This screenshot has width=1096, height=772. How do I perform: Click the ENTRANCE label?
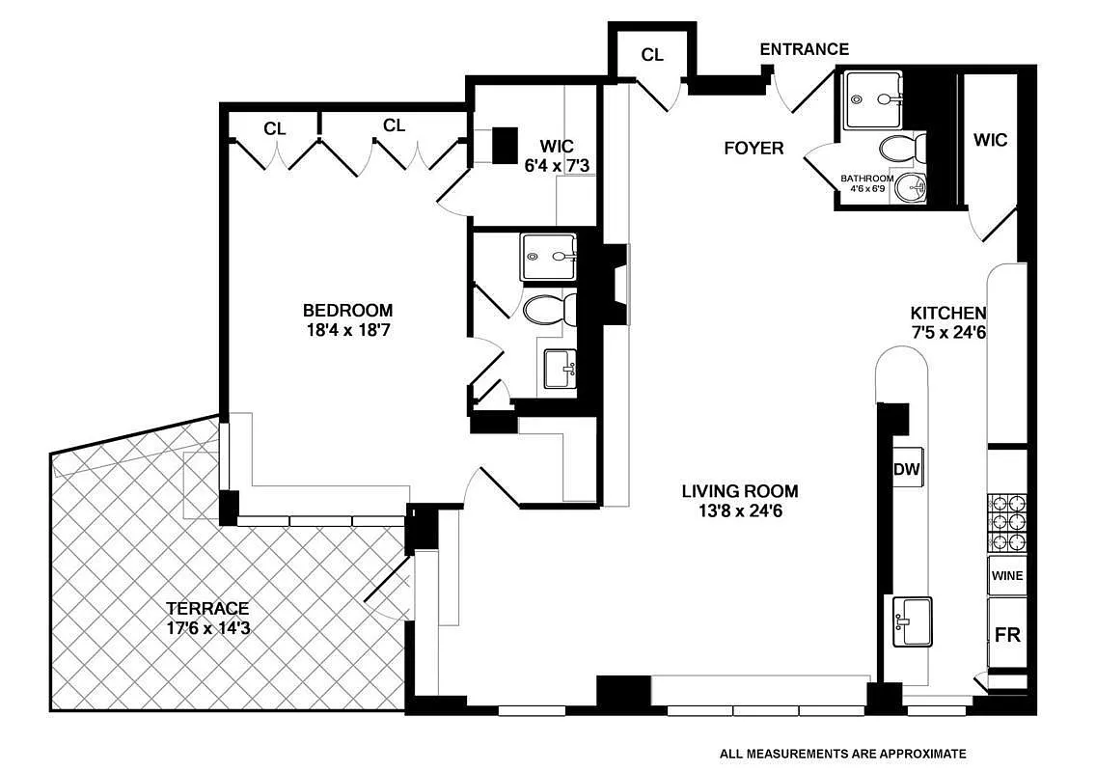tap(804, 49)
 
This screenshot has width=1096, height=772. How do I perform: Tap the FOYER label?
tap(753, 148)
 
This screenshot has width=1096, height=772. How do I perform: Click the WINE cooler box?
tap(1006, 576)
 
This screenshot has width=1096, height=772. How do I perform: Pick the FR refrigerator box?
tap(1006, 634)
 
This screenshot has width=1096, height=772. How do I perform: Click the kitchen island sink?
tap(912, 621)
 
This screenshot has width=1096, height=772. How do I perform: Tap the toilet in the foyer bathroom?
tap(902, 149)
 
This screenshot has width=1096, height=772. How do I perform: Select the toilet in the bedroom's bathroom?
tap(548, 310)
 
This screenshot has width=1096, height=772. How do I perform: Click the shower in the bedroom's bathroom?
tap(548, 257)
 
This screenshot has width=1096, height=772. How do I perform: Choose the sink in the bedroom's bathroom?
tap(561, 369)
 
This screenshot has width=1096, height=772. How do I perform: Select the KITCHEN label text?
tap(947, 313)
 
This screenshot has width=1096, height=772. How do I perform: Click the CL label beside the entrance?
tap(652, 55)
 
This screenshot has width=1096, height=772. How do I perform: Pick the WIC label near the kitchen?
tap(990, 140)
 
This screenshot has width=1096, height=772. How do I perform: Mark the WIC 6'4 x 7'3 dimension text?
tap(557, 166)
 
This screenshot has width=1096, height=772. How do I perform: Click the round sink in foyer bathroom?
tap(907, 188)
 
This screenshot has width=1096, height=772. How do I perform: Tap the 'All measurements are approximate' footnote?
tap(842, 754)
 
